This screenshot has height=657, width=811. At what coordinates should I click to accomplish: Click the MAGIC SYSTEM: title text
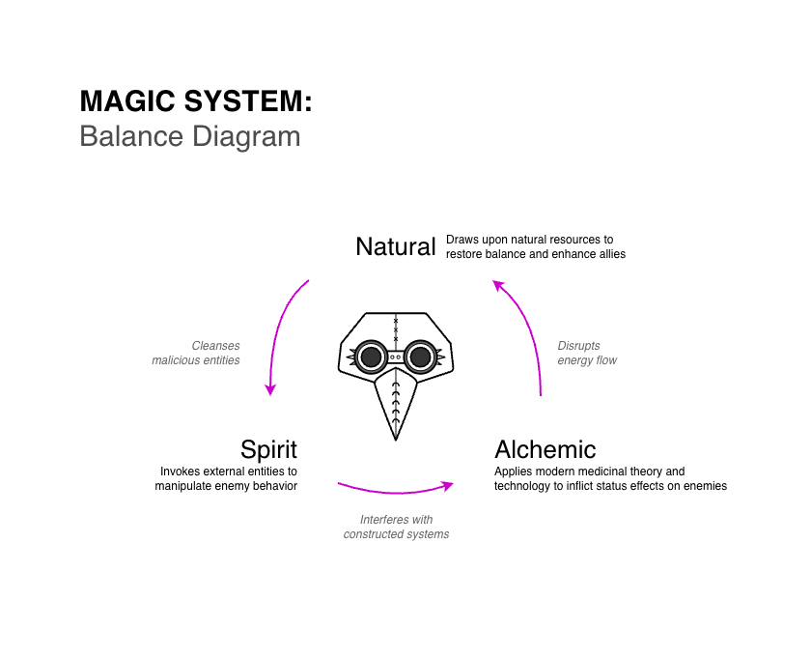(x=196, y=101)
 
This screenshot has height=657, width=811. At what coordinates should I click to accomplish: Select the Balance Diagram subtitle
(x=189, y=136)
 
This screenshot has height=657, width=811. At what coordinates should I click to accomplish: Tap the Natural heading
(x=396, y=246)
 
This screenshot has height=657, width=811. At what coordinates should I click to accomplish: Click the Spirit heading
(x=268, y=449)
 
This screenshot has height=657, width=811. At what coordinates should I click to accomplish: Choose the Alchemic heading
(x=545, y=449)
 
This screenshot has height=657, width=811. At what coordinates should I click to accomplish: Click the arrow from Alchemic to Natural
(x=529, y=328)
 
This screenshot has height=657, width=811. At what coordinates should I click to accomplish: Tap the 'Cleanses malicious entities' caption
(x=196, y=353)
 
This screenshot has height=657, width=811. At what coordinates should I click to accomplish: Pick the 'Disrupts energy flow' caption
(x=587, y=353)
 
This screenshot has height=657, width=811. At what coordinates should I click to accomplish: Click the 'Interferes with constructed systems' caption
(x=396, y=527)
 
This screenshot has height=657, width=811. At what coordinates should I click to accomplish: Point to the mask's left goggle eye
(x=371, y=358)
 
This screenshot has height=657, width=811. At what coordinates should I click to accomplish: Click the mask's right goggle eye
(x=420, y=358)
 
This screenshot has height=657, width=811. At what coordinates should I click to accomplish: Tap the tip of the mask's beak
(x=396, y=439)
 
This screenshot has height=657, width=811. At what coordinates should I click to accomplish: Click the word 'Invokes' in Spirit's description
(x=181, y=471)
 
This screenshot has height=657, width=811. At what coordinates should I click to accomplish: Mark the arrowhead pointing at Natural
(x=498, y=285)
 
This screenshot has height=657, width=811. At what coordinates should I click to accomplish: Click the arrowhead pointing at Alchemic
(x=447, y=483)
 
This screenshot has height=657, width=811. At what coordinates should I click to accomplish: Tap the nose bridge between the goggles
(x=396, y=357)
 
